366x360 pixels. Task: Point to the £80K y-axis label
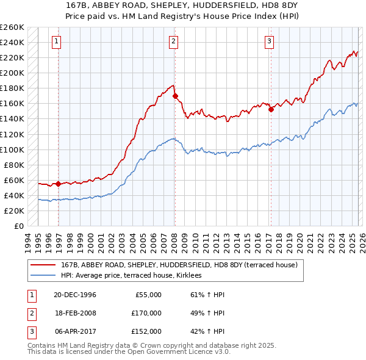click(14, 165)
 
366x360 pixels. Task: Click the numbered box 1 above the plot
click(56, 41)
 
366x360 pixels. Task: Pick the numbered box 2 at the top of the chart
click(173, 41)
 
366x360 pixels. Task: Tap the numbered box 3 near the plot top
click(269, 41)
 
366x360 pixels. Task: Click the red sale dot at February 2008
click(175, 96)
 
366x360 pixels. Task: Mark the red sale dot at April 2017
click(271, 110)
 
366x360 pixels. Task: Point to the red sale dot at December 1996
click(59, 184)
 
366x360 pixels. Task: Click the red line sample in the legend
click(43, 265)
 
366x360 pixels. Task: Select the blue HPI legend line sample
click(43, 276)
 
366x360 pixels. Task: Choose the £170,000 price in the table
click(146, 313)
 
